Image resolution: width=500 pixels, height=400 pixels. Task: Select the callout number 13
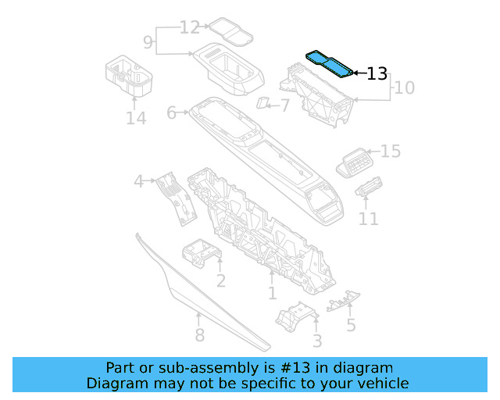[377, 74]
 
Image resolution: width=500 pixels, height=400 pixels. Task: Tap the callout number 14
[136, 118]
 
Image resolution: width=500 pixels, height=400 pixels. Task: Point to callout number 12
[190, 27]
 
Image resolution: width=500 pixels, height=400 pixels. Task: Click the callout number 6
[172, 113]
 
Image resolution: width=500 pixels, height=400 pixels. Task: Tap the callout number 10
[404, 87]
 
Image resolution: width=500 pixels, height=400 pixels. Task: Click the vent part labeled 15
[356, 162]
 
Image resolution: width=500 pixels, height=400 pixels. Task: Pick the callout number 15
[391, 151]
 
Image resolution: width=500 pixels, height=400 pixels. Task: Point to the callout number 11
[368, 220]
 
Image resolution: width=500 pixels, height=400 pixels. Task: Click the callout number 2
[221, 280]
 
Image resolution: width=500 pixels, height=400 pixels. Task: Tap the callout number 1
[272, 293]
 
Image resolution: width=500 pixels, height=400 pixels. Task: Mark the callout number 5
[351, 324]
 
